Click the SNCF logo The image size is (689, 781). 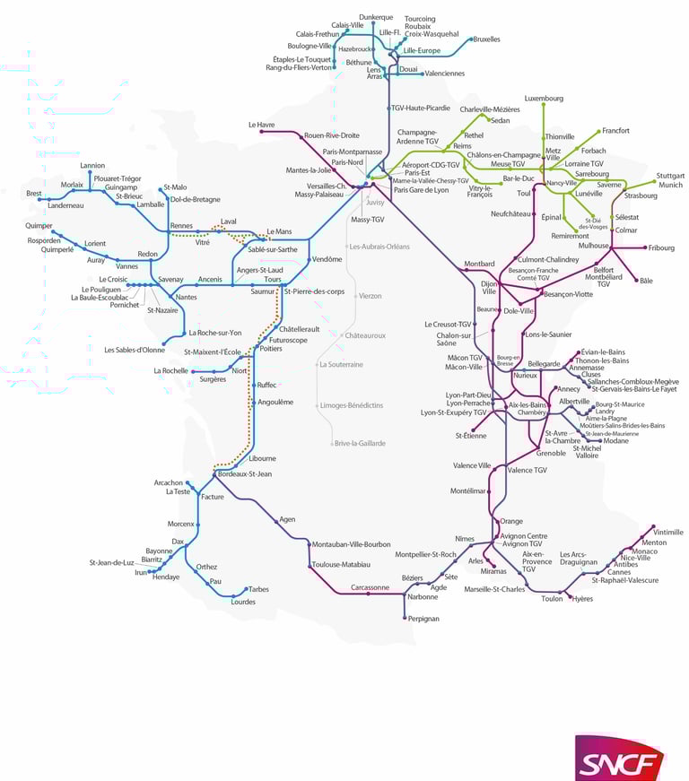(619, 759)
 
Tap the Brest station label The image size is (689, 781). (34, 193)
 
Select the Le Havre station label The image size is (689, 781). (261, 124)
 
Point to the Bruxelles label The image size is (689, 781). (486, 39)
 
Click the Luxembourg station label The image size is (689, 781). (544, 98)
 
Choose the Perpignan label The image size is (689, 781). (423, 619)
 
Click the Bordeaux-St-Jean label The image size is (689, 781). (245, 473)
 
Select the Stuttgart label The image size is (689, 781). (670, 176)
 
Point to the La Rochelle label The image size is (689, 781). (170, 370)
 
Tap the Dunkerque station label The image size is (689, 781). (376, 17)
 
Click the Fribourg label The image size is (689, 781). (662, 247)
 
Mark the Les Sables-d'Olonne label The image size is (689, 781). (135, 350)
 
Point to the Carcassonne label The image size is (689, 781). (370, 587)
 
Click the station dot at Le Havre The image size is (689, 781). (262, 132)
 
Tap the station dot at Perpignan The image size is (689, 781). (403, 618)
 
